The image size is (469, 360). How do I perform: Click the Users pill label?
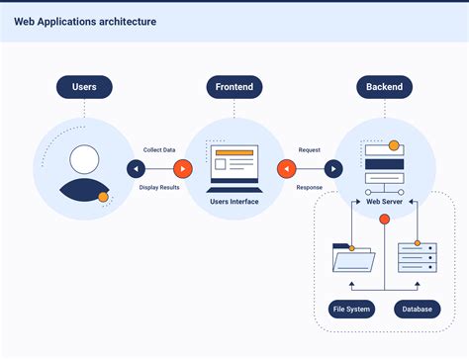click(x=84, y=87)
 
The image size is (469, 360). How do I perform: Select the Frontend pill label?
click(x=234, y=87)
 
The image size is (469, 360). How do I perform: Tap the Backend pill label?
click(x=384, y=87)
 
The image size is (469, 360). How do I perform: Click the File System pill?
click(x=351, y=310)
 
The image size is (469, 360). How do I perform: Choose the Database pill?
click(x=417, y=310)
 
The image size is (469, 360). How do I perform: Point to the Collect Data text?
click(x=159, y=150)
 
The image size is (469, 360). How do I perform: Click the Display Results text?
click(x=159, y=187)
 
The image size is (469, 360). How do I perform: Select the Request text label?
click(x=310, y=150)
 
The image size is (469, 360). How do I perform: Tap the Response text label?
click(x=310, y=187)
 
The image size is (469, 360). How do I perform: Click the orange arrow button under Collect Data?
click(x=182, y=169)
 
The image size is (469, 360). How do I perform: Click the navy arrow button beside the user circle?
click(x=137, y=169)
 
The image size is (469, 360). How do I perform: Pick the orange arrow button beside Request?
click(x=287, y=169)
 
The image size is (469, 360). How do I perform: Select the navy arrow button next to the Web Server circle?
click(x=333, y=169)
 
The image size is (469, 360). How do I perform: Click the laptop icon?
click(x=234, y=168)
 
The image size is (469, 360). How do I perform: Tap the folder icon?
click(x=353, y=258)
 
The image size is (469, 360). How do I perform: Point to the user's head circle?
click(x=85, y=158)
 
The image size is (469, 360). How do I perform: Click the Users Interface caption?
click(x=234, y=202)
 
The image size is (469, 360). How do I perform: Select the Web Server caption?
click(x=384, y=202)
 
